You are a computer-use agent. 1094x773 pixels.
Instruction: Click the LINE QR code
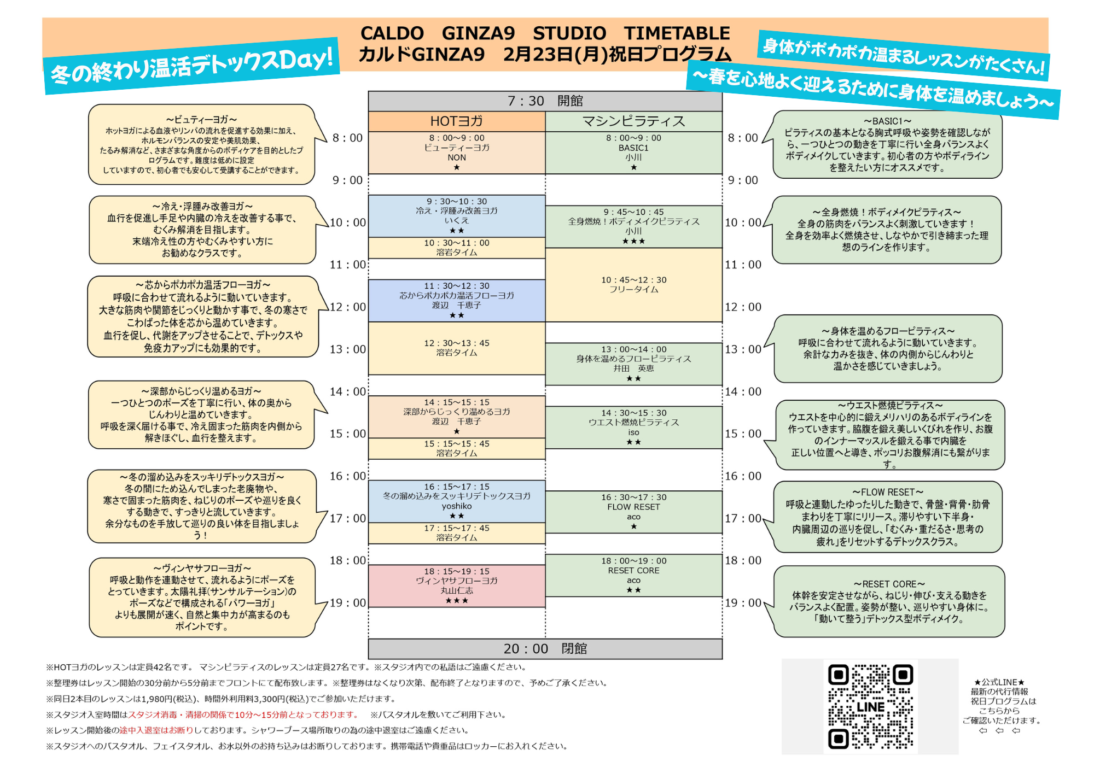pos(870,706)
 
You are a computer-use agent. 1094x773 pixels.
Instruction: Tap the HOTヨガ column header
pos(456,121)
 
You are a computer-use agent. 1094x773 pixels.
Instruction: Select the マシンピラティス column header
pos(633,121)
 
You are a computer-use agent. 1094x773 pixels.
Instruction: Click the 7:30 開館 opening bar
pos(545,101)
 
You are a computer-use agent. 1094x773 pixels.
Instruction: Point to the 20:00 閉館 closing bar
pos(545,649)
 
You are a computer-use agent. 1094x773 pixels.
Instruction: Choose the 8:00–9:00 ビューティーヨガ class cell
pos(456,153)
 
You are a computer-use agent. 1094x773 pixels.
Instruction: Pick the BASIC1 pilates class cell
pos(633,153)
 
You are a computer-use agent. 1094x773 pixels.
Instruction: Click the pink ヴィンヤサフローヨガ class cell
pos(456,586)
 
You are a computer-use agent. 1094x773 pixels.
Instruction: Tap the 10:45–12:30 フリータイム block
pos(633,284)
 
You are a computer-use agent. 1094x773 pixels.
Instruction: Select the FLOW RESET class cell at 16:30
pos(633,512)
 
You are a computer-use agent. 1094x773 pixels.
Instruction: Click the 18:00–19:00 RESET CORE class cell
pos(633,575)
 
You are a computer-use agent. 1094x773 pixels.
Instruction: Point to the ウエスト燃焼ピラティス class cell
pos(633,427)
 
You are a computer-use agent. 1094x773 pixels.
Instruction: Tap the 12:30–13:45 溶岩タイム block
pos(456,348)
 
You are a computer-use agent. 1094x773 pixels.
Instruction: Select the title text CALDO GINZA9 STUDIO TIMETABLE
pos(545,33)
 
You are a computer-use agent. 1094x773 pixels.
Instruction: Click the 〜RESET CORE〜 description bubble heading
pos(889,584)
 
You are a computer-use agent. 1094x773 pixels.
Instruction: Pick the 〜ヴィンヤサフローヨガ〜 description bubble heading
pos(202,569)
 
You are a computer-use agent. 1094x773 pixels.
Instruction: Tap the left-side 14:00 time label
pos(347,391)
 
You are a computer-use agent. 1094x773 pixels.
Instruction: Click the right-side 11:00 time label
pos(743,265)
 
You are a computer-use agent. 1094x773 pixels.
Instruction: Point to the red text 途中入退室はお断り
pos(156,730)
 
